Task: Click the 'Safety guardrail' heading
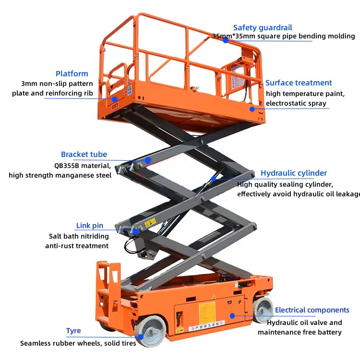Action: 262,28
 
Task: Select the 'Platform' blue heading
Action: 72,73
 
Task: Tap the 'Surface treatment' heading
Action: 299,83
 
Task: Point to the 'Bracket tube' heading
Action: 84,154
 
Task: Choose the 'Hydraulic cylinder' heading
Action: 294,173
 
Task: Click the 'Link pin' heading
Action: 90,226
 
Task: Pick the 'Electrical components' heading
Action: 312,310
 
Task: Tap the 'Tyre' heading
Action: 73,331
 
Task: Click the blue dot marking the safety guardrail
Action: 225,40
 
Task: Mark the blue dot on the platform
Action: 115,99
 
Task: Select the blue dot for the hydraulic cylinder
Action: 214,179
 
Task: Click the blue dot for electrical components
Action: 232,315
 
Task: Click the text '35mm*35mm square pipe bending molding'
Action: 284,36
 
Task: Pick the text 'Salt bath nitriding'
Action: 79,236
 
